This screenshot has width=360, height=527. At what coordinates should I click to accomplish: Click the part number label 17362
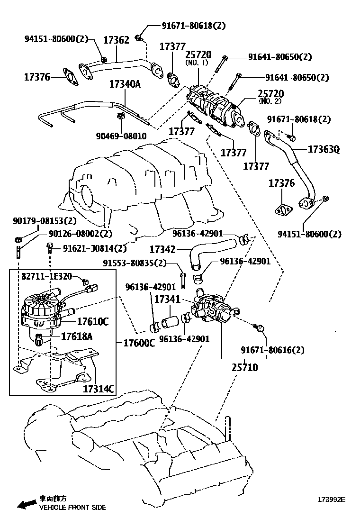[116, 40]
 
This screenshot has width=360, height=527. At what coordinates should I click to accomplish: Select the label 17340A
[125, 84]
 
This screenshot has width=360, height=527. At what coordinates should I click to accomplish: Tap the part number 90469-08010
[121, 136]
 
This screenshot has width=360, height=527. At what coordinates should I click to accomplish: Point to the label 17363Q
[324, 150]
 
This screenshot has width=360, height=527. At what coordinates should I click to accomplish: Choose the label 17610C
[93, 322]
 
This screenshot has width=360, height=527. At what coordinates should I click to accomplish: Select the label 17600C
[139, 343]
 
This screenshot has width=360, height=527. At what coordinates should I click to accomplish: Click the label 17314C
[99, 389]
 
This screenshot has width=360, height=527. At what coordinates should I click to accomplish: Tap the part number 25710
[245, 367]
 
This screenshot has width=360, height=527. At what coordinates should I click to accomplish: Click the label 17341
[167, 300]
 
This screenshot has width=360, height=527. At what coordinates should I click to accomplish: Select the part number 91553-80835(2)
[135, 263]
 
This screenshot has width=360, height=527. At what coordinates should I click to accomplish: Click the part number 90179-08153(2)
[45, 221]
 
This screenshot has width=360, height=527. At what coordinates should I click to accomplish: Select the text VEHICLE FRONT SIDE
[72, 507]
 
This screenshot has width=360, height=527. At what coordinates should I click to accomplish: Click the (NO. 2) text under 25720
[270, 101]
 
